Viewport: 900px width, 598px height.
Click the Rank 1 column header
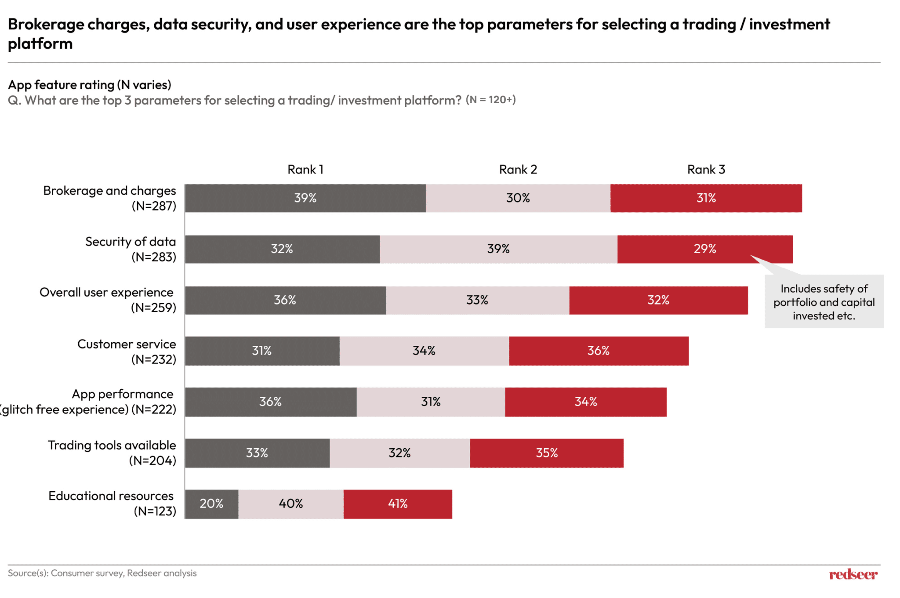[305, 170]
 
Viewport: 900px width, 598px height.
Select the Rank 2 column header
[518, 170]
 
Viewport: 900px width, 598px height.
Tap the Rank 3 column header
[706, 170]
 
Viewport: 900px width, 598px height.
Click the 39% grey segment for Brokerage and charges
[305, 198]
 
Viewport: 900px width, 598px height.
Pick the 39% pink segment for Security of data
[498, 249]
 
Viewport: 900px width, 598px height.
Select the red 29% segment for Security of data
[705, 249]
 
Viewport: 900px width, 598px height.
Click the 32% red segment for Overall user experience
[658, 300]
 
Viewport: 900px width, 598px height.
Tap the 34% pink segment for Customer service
[424, 351]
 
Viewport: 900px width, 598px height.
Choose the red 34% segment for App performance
[585, 402]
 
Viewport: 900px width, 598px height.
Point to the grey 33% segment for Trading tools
[257, 453]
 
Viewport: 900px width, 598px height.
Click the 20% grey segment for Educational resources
[211, 504]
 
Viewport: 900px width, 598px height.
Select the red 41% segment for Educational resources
[397, 504]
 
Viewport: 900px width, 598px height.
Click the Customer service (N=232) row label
[127, 352]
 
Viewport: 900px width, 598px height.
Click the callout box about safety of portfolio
[824, 302]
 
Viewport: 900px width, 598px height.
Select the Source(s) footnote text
[102, 573]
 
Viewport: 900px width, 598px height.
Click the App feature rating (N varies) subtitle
[90, 84]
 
